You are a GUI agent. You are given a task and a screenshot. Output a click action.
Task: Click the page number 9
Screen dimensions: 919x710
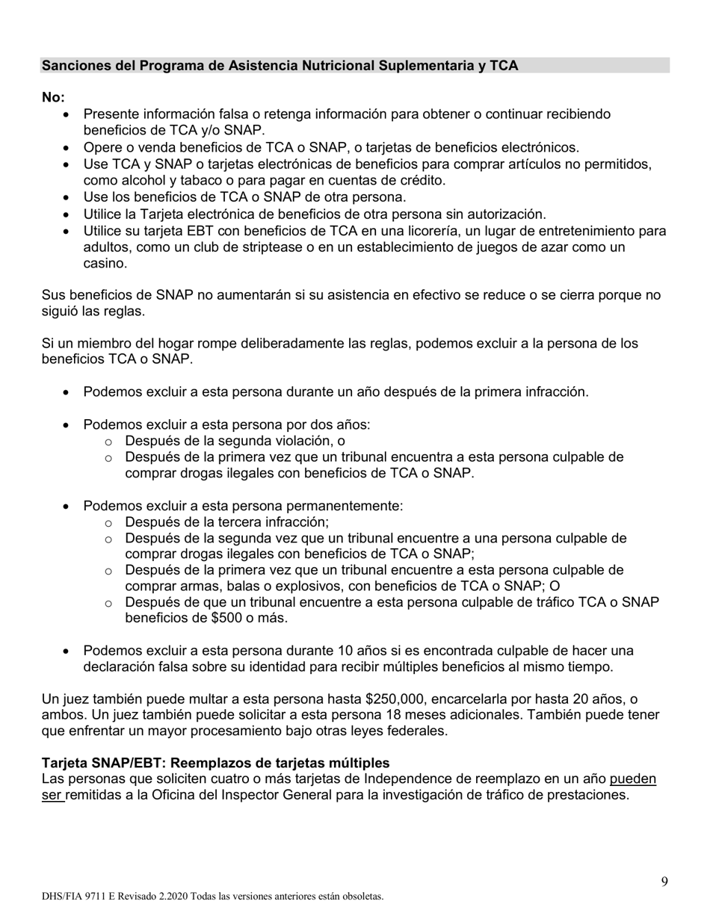[664, 882]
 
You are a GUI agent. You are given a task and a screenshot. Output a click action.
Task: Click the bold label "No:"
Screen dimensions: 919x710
[53, 98]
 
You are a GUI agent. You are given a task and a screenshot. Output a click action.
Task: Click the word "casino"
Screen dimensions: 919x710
[105, 264]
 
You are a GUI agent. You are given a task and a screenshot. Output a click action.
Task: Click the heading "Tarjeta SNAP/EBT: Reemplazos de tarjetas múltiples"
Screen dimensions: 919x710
[215, 763]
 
